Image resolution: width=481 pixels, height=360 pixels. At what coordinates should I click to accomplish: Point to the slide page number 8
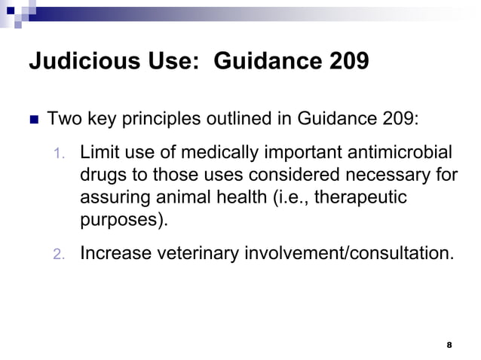pyautogui.click(x=449, y=345)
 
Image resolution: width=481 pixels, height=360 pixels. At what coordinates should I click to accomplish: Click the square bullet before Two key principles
pyautogui.click(x=33, y=121)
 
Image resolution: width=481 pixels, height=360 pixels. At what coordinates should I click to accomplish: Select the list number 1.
pyautogui.click(x=60, y=155)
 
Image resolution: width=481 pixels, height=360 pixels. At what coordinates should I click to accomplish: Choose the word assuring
pyautogui.click(x=115, y=199)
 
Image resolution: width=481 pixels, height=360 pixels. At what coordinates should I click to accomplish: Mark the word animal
pyautogui.click(x=198, y=198)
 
